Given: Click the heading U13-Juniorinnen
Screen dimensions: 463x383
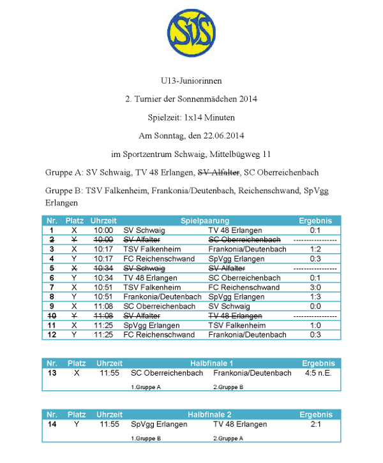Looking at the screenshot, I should pyautogui.click(x=191, y=81).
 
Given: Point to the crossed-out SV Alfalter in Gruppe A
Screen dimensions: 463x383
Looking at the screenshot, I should pyautogui.click(x=218, y=173).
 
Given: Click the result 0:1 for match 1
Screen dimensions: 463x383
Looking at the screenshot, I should pyautogui.click(x=314, y=230).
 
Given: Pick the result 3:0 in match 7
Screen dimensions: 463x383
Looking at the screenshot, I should pyautogui.click(x=314, y=288).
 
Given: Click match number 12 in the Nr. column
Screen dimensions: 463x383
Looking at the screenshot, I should pyautogui.click(x=51, y=335).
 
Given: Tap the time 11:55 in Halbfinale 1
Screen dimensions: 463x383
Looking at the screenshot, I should pyautogui.click(x=110, y=373).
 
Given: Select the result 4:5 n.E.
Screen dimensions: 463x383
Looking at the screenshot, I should pyautogui.click(x=318, y=373).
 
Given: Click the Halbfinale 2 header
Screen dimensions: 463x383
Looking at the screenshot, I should pyautogui.click(x=210, y=415).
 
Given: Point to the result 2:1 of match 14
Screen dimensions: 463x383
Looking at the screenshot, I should pyautogui.click(x=315, y=425).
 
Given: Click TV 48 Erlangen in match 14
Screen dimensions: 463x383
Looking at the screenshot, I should pyautogui.click(x=240, y=425).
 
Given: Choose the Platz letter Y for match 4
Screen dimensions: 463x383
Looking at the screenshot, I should pyautogui.click(x=75, y=259).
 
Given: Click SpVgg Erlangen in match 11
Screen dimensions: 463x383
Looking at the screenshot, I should pyautogui.click(x=147, y=326).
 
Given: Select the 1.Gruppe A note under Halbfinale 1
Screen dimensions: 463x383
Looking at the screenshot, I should pyautogui.click(x=146, y=387).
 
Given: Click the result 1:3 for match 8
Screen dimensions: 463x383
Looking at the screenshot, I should pyautogui.click(x=314, y=297).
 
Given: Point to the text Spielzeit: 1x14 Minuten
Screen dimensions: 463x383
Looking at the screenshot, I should pyautogui.click(x=191, y=118).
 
